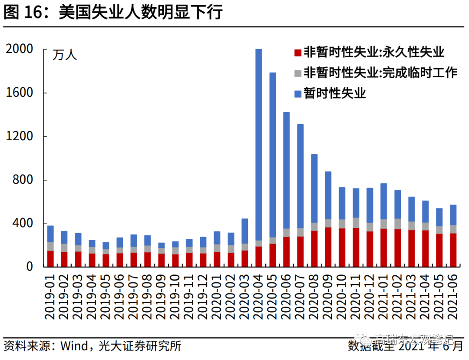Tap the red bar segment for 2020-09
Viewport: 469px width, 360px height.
coord(328,247)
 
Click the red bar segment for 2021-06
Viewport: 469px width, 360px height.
coord(453,250)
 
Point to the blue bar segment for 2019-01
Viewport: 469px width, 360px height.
coord(50,234)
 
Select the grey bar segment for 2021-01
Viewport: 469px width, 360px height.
coord(384,224)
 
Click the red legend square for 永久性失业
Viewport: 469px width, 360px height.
coord(297,53)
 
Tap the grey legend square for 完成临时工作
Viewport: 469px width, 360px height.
coord(297,73)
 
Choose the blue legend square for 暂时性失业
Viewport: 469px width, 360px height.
coord(297,93)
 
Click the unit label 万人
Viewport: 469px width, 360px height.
coord(65,55)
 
